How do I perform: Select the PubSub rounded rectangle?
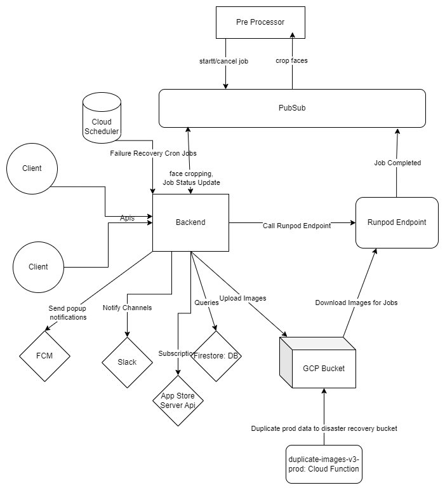click(291, 108)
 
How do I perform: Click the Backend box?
click(190, 222)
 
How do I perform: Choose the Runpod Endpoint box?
click(397, 222)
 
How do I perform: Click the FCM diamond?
click(44, 355)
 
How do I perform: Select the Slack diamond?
click(128, 362)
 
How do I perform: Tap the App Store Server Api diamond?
click(178, 400)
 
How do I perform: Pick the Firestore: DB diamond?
click(216, 356)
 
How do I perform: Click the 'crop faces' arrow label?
click(291, 61)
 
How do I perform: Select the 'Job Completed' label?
click(397, 163)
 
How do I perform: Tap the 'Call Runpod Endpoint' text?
click(297, 225)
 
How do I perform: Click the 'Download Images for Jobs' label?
click(356, 303)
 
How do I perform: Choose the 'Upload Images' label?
click(242, 297)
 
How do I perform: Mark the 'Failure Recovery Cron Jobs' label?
click(153, 154)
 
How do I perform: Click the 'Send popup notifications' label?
click(67, 313)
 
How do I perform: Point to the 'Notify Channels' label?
click(128, 308)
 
